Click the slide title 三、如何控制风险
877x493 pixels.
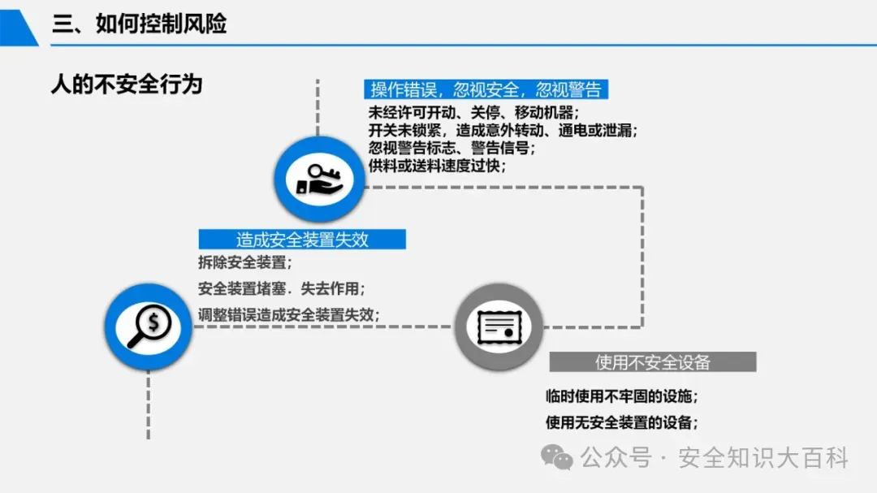139,24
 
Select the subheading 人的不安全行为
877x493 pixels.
126,84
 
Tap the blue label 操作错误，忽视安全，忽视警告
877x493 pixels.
486,89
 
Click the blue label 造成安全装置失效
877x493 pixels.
302,240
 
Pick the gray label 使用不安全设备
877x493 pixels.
652,362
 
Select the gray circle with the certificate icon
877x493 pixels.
498,328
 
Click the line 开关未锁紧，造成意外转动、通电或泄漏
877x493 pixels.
503,130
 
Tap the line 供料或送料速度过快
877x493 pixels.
437,166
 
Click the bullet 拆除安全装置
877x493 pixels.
244,262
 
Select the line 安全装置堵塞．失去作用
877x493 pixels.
281,288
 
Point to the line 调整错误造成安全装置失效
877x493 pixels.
289,315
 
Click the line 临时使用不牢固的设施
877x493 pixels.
622,396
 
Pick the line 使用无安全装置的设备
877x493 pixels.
622,422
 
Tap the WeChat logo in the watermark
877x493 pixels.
557,457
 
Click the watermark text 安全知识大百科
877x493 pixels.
763,458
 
